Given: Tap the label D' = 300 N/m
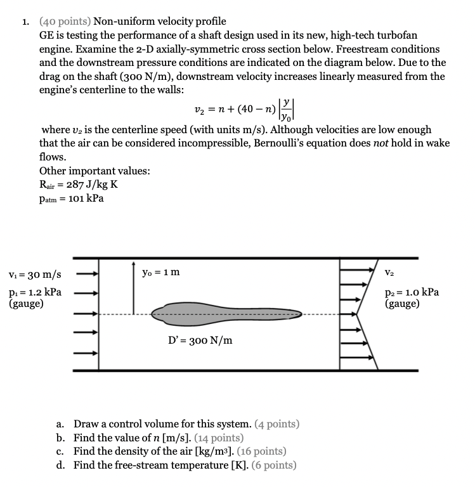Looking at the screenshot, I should pos(200,341).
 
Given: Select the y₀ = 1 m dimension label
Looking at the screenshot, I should pos(161,272).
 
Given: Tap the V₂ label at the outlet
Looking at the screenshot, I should pos(389,274).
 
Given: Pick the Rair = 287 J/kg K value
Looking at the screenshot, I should pos(78,185).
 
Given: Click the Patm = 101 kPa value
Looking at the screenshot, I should pos(71,198).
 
